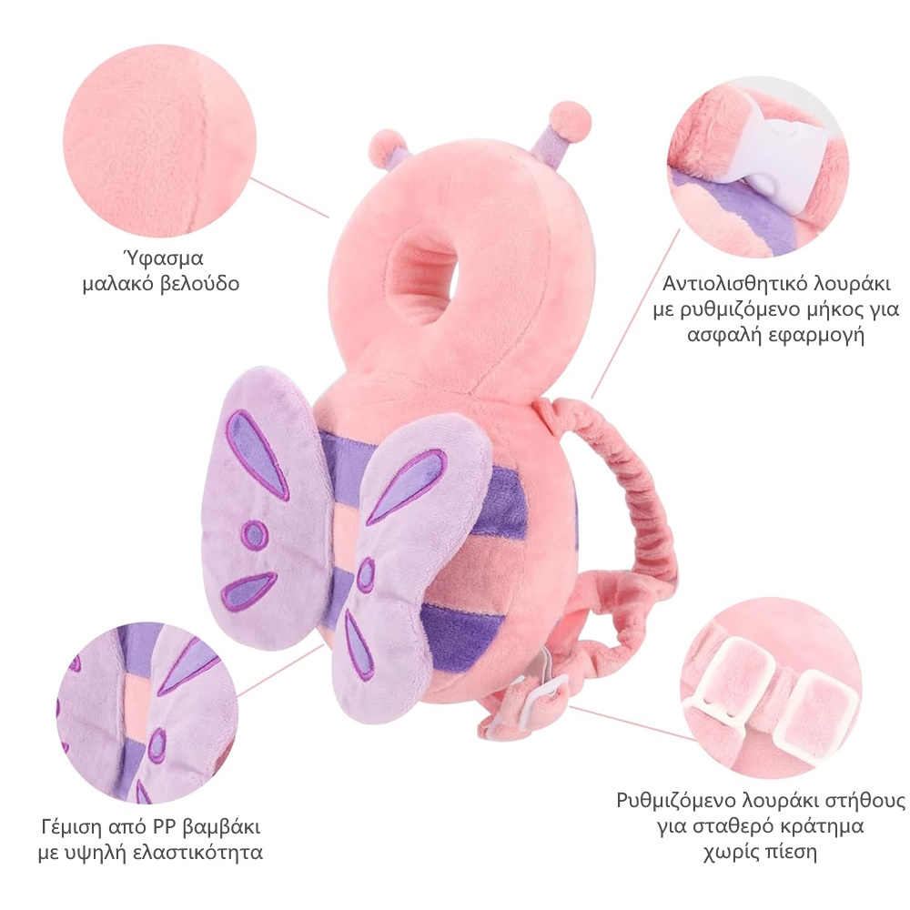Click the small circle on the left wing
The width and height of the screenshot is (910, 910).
pos(256,534)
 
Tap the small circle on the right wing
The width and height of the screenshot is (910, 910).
pos(366,575)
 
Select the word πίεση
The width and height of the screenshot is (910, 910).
pos(788,853)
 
